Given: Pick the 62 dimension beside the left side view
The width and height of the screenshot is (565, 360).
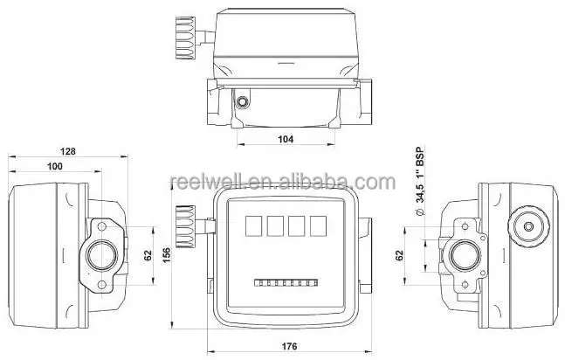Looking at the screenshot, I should (x=147, y=255).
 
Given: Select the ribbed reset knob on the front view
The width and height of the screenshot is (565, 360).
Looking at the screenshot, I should (x=184, y=225).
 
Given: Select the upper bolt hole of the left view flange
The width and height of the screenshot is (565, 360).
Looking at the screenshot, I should (x=103, y=229).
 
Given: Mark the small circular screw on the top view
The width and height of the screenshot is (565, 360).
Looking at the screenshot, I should (x=242, y=101).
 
